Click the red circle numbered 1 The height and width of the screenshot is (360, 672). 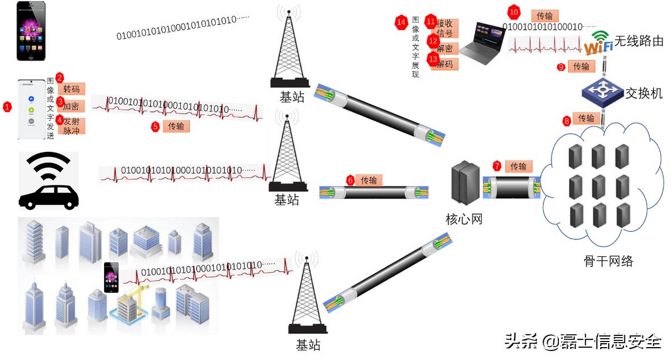7,106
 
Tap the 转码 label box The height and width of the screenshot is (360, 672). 72,89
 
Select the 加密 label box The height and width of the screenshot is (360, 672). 71,106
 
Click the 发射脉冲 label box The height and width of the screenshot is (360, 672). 71,125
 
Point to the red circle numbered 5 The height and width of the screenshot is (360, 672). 155,126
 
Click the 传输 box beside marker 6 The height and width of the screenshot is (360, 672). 368,180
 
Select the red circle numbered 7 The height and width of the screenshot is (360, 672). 497,166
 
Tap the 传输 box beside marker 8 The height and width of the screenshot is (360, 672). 586,119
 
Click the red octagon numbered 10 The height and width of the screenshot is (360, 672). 514,12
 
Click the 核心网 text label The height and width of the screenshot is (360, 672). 464,219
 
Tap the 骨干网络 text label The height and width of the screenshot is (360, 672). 608,260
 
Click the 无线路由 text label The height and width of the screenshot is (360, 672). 639,41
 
